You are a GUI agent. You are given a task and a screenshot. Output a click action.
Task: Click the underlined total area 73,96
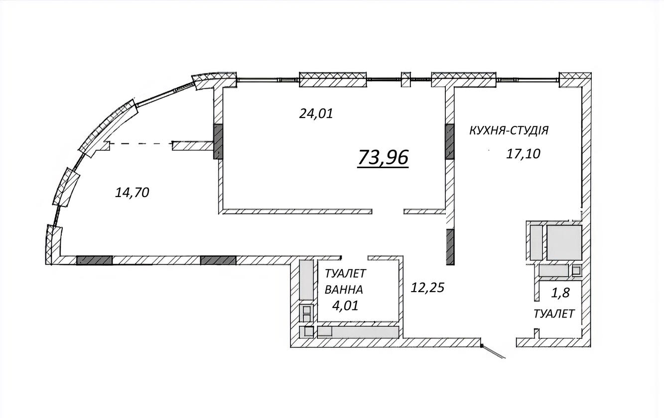[x=383, y=158]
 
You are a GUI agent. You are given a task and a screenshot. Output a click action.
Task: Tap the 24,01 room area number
[x=316, y=113]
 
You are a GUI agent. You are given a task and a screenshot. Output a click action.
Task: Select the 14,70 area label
[x=132, y=193]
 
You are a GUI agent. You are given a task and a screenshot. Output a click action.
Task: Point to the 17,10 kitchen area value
[x=523, y=154]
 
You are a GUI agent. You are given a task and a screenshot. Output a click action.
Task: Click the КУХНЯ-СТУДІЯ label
[x=509, y=130]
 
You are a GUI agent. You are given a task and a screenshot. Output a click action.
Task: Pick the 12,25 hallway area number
[x=427, y=287]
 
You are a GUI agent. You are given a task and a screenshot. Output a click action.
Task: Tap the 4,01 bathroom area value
[x=345, y=306]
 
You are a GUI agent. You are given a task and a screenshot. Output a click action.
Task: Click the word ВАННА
[x=344, y=290]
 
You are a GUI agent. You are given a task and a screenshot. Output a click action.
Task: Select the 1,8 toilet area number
[x=560, y=293]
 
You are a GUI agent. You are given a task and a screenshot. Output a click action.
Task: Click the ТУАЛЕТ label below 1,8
[x=554, y=314]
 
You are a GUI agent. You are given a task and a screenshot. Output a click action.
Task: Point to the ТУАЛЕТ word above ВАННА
[x=346, y=274]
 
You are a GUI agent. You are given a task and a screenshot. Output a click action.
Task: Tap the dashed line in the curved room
[x=141, y=144]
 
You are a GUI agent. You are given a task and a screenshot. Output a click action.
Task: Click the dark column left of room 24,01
[x=218, y=142]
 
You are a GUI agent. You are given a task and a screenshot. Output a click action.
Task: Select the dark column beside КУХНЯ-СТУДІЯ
[x=450, y=142]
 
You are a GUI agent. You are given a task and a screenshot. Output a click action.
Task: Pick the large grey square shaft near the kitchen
[x=564, y=242]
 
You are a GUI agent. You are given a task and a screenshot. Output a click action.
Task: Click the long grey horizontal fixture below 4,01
[x=358, y=332]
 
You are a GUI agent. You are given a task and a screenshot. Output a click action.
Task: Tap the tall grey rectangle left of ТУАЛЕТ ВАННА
[x=306, y=280]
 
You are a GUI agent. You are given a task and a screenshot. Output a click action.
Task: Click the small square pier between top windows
[x=406, y=79]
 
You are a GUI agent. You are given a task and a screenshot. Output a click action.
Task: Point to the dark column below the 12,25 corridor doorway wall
[x=450, y=247]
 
